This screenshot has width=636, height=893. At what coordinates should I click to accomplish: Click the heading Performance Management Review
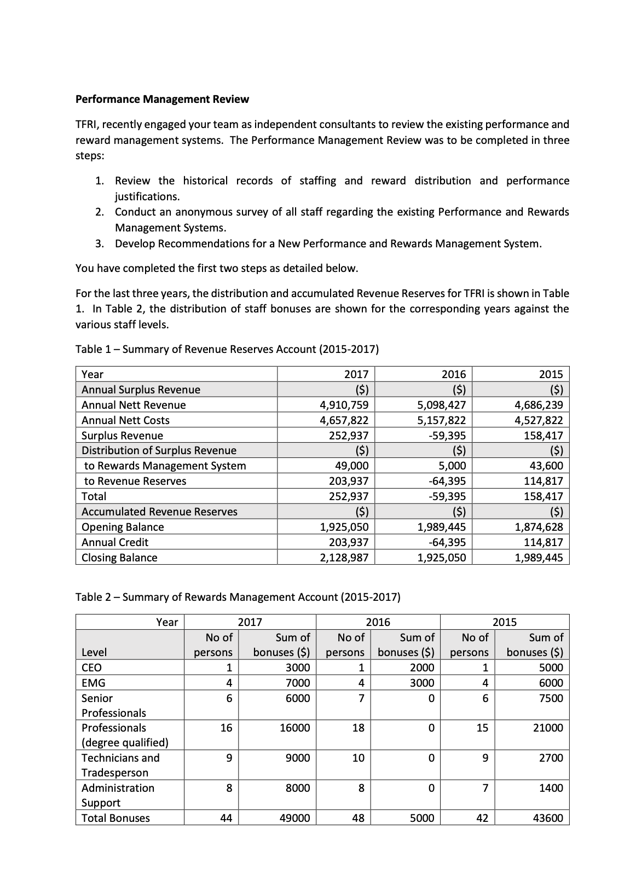point(162,99)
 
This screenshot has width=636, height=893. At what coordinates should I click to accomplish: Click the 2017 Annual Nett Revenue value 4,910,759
point(344,405)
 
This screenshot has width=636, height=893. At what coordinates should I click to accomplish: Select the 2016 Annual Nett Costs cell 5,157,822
point(441,420)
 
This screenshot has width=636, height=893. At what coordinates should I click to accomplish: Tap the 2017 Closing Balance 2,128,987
point(344,558)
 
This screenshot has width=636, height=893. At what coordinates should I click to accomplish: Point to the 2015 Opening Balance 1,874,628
point(539,527)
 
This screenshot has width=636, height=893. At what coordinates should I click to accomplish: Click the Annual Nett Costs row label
point(125,420)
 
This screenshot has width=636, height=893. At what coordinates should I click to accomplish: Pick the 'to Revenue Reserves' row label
point(135,481)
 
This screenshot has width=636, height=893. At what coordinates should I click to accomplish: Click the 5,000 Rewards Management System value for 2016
point(452,466)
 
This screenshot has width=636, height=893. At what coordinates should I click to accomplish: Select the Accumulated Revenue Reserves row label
point(159,512)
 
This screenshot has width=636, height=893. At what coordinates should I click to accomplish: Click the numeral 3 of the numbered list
point(99,243)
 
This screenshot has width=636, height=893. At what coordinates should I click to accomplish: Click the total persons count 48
point(358,818)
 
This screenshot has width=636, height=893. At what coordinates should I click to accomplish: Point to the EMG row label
point(93,683)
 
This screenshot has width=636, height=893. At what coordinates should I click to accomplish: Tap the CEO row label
point(91,668)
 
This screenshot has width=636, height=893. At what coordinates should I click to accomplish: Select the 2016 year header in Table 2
point(378,622)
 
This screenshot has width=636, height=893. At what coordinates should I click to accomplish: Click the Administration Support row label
point(118,795)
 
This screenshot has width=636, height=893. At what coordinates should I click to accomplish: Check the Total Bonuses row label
point(115,818)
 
